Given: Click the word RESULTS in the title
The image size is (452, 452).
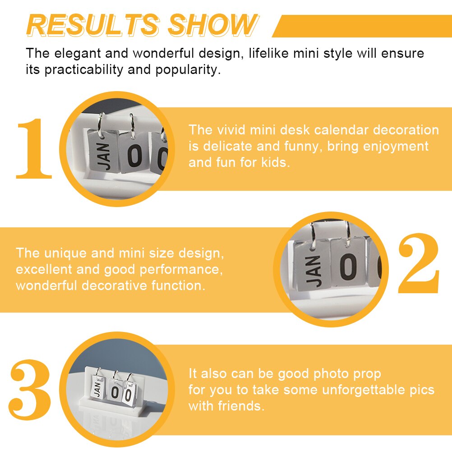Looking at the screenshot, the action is point(93,25).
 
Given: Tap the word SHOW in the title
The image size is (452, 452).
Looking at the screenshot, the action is point(213,25).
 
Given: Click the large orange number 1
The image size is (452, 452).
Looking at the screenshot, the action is point(34,148).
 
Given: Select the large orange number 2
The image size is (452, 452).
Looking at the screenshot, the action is point(419,263).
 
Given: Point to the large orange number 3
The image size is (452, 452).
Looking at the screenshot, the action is point(30,389).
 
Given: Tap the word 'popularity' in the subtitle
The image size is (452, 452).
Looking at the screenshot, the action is point(188,70).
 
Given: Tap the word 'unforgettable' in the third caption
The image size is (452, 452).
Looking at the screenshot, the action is point(364,390).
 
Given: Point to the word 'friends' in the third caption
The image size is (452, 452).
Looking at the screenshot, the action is point(241,406).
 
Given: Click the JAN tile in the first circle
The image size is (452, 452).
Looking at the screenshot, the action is point(102,152).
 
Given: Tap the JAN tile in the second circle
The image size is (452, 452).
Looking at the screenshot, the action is point(313,265).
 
